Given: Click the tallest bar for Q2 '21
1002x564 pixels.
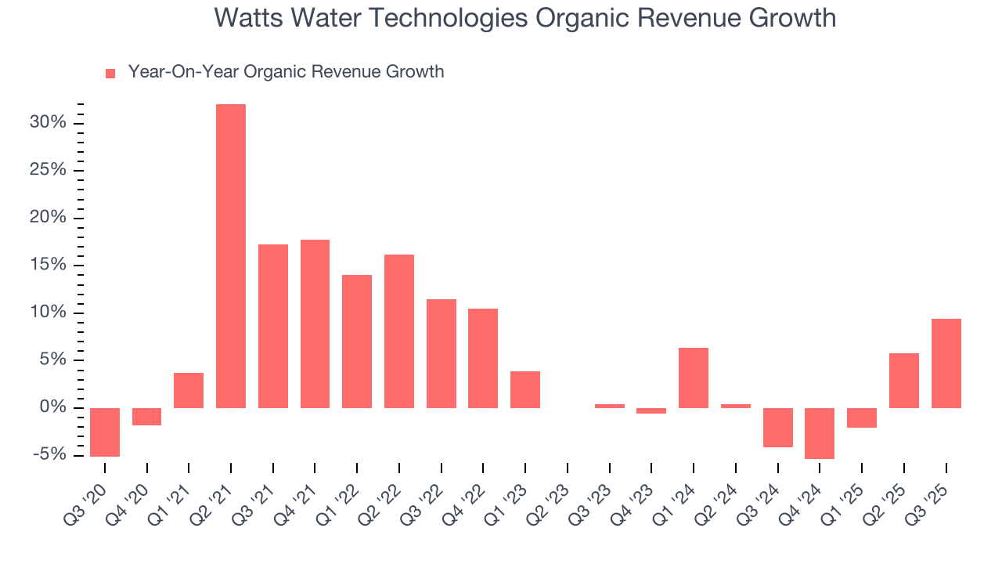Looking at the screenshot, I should coord(231,256).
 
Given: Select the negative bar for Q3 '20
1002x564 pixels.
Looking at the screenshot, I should coord(105,432).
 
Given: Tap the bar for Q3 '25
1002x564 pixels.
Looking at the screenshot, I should coord(946,363).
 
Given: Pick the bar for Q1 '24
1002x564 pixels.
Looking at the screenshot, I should coord(694,378).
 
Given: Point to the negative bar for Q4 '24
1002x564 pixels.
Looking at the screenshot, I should coord(820,433).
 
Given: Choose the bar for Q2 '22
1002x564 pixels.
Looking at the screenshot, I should coord(399,331).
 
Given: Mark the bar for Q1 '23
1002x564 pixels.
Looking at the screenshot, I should coord(525,389).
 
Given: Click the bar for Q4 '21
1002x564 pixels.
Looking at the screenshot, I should coord(315,324).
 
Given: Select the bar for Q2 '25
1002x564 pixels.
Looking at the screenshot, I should coord(903,381).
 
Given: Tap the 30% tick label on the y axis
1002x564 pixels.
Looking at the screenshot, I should coord(48,123).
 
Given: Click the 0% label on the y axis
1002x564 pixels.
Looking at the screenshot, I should coord(52,407).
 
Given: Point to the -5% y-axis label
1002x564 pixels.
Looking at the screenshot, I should coord(49,455).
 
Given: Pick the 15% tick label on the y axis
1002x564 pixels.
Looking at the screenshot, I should coord(48,265).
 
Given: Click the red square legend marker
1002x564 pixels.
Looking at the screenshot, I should coord(110,74).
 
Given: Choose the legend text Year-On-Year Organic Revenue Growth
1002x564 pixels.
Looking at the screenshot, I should coord(286,72).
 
